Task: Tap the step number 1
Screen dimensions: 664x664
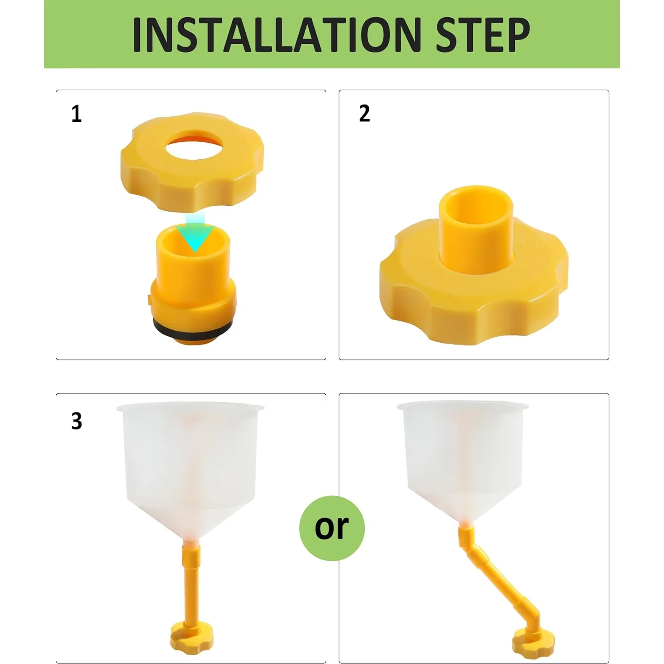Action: pyautogui.click(x=76, y=114)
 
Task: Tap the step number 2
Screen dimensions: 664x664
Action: pyautogui.click(x=364, y=114)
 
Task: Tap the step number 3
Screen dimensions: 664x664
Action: pyautogui.click(x=76, y=421)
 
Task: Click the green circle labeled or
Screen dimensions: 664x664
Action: pyautogui.click(x=332, y=528)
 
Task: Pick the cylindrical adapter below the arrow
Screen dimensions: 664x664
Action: pyautogui.click(x=193, y=274)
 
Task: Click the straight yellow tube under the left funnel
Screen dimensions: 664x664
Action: pyautogui.click(x=192, y=584)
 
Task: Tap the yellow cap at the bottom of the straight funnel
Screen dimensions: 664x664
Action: pyautogui.click(x=192, y=637)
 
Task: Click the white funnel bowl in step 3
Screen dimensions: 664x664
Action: pyautogui.click(x=190, y=460)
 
